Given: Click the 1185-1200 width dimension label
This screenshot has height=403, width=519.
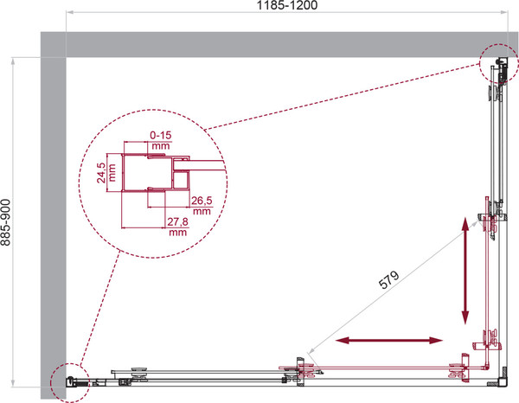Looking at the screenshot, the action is (x=287, y=5).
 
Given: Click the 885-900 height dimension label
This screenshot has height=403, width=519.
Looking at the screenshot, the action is (x=6, y=222).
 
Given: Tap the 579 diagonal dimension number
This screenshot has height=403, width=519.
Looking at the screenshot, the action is (x=389, y=280).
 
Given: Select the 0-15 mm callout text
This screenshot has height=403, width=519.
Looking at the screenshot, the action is (x=161, y=140).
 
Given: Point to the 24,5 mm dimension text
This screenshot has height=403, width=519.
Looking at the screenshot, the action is (x=106, y=173).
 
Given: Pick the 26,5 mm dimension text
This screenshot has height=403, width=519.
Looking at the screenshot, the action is (x=202, y=206).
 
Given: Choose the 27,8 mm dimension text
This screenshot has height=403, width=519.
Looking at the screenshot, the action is (x=177, y=227).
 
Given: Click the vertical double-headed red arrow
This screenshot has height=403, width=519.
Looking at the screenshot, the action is (x=465, y=271).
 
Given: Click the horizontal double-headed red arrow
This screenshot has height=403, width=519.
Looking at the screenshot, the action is (x=389, y=340).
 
